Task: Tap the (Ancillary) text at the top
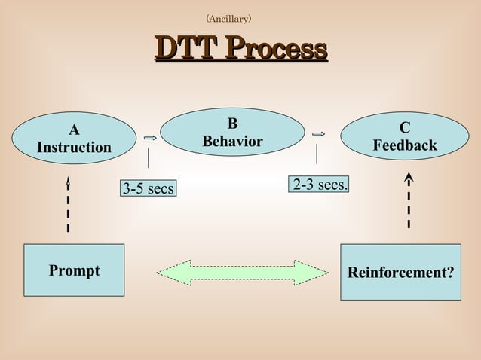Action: click(228, 17)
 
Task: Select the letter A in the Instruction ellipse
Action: click(74, 129)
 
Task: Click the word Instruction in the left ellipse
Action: click(74, 147)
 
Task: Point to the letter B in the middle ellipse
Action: click(232, 124)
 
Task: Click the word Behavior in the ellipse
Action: click(232, 142)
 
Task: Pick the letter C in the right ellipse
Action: click(405, 128)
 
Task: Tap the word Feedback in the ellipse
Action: click(405, 145)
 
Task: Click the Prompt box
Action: click(74, 270)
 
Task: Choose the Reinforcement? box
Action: click(400, 270)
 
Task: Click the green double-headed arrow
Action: click(242, 272)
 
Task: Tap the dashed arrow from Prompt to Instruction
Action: click(68, 205)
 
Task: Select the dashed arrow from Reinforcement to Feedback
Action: click(408, 200)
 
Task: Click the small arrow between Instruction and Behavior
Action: click(149, 139)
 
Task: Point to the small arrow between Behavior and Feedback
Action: click(317, 134)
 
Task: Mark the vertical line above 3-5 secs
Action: click(148, 158)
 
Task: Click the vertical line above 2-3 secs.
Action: click(317, 154)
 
